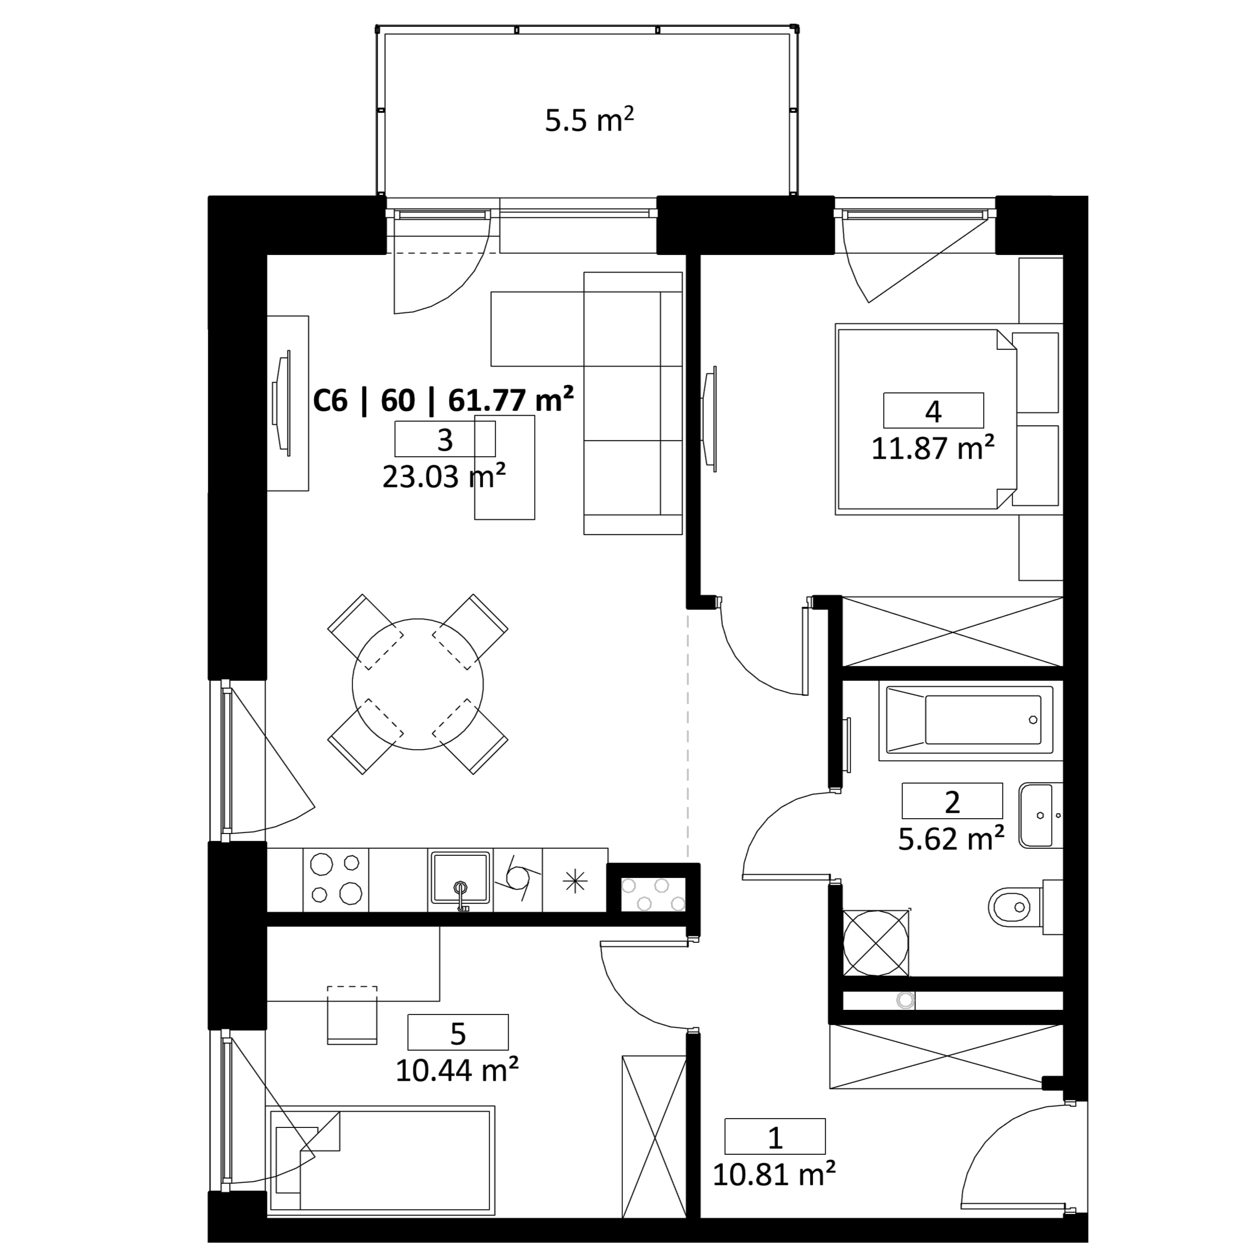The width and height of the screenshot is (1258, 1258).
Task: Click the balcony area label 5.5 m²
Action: [x=589, y=120]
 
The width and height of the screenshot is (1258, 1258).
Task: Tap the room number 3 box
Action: [x=445, y=439]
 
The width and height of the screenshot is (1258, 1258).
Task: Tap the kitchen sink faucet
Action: [x=461, y=895]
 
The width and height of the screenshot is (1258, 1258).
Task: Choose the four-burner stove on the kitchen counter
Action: [x=336, y=880]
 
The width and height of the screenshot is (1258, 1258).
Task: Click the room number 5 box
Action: [x=458, y=1032]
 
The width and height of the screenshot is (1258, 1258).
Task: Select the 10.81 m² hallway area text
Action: [x=774, y=1175]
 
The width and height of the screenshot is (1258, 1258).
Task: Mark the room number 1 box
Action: [x=775, y=1136]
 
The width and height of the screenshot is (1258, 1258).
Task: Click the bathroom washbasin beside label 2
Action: [x=1040, y=815]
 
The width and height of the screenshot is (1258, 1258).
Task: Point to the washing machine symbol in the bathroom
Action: [x=876, y=942]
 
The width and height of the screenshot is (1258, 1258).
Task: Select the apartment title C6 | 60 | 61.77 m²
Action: [x=443, y=400]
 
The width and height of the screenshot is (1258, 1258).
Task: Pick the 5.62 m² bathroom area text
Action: [x=951, y=839]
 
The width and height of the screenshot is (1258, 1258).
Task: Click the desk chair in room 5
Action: [x=352, y=1015]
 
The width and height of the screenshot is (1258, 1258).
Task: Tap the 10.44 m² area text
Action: [x=457, y=1070]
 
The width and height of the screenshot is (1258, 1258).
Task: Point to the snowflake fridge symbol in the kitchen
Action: [x=576, y=882]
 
